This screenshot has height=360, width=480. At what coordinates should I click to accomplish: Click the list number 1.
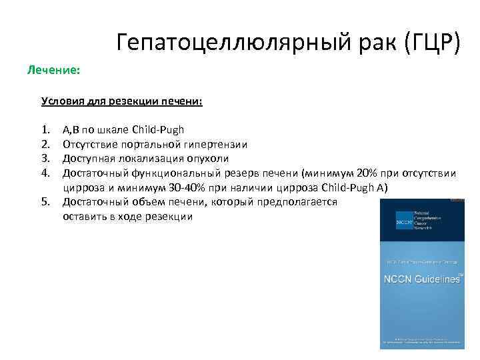(x=45, y=129)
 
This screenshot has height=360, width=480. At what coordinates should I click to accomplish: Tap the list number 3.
(x=45, y=159)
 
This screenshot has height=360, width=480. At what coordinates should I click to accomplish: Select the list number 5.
(x=45, y=201)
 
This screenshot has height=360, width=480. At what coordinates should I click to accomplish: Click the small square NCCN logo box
(x=403, y=221)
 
